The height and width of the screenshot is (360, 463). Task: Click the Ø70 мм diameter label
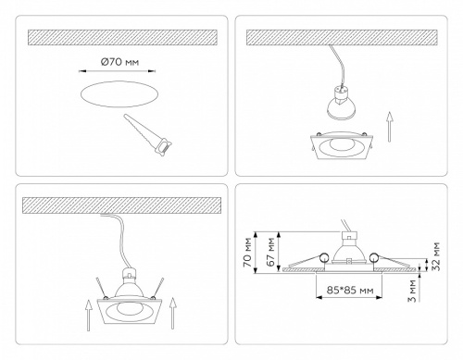(120, 62)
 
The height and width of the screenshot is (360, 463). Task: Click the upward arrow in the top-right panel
(390, 127)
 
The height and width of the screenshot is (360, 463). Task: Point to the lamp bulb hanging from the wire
(341, 105)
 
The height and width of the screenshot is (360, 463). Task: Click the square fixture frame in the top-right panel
(341, 146)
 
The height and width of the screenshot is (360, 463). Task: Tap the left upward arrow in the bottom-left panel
(89, 315)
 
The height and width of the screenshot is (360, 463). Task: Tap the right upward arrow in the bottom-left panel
(173, 313)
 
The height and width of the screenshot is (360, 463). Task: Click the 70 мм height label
(249, 253)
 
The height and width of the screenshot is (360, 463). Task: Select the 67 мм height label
(271, 252)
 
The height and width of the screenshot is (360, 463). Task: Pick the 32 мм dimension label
(436, 256)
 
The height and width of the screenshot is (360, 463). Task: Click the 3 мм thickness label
(413, 291)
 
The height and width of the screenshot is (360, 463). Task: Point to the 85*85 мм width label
(350, 290)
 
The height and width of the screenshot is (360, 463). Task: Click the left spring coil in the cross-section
(324, 257)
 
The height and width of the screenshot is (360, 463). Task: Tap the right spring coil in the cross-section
(374, 257)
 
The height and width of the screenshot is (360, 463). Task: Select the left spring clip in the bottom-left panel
(102, 288)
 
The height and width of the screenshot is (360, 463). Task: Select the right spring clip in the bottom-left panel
(157, 288)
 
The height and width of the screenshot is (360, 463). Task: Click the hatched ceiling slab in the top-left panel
(122, 37)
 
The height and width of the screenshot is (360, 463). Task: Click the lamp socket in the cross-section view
(348, 237)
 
